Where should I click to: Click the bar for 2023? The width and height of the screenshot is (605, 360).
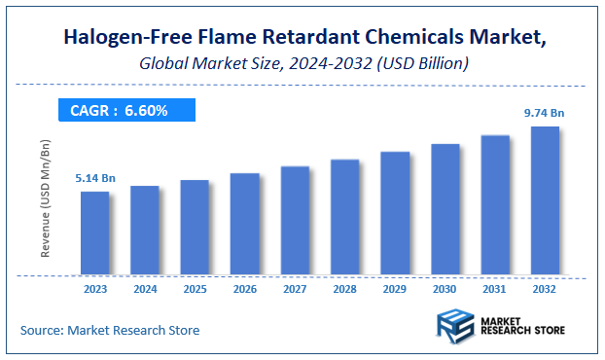[94, 233]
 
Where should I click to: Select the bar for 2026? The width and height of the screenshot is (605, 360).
[244, 224]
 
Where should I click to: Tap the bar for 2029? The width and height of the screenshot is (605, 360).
[394, 213]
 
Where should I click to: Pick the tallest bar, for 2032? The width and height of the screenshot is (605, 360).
[545, 200]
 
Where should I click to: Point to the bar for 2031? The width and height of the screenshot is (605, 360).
[495, 204]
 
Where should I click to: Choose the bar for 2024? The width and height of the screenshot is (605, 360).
[144, 230]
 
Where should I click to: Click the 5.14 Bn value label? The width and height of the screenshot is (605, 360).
[95, 179]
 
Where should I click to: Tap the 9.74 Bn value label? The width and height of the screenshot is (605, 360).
[545, 113]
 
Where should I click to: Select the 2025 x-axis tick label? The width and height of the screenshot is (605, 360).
[195, 289]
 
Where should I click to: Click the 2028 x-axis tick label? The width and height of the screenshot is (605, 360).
[344, 289]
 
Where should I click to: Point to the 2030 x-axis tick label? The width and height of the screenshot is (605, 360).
[445, 289]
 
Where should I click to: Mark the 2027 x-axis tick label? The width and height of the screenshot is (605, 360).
[295, 289]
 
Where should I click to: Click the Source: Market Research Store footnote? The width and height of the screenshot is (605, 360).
[110, 331]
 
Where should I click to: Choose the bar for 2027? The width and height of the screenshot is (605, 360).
[295, 220]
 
